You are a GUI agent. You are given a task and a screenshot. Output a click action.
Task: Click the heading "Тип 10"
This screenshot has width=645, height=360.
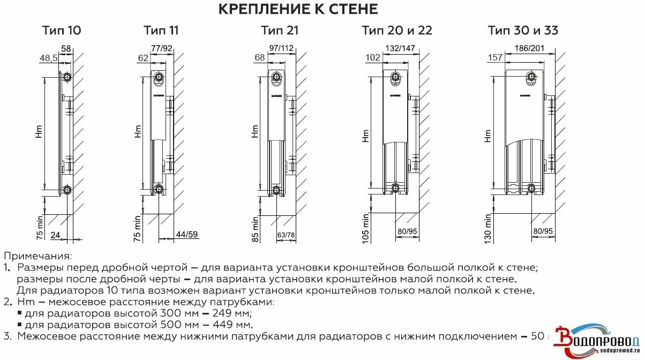(x=62, y=30)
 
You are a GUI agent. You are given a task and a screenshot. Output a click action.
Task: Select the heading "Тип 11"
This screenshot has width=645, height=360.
(x=161, y=30)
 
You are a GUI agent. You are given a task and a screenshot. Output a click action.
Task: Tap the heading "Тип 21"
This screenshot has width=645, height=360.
(x=280, y=30)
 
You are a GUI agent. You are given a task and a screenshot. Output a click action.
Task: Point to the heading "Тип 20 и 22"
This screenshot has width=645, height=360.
(x=396, y=30)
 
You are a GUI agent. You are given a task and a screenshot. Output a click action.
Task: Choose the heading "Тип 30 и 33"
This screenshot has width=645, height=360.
(x=523, y=30)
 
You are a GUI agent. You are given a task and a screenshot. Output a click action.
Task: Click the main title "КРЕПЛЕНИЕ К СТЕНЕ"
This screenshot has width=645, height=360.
(x=298, y=10)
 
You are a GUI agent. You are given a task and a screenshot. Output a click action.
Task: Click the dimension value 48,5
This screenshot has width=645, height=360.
(x=49, y=57)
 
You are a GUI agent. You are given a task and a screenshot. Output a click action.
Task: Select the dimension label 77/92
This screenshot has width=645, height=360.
(x=162, y=49)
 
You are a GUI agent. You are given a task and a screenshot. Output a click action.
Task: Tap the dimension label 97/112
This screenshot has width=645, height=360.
(x=281, y=49)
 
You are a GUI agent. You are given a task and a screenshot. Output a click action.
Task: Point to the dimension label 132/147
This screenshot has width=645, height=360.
(x=400, y=49)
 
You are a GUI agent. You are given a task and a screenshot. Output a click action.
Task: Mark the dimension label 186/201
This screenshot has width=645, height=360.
(x=529, y=49)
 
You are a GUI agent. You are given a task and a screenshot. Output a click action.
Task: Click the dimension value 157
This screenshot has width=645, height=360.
(x=495, y=57)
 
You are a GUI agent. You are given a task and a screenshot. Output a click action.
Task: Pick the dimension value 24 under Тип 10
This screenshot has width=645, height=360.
(x=55, y=235)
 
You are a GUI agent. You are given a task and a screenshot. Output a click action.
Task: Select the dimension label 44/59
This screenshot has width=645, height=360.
(x=186, y=235)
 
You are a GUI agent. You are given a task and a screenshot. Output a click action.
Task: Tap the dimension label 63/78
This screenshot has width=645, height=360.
(x=286, y=235)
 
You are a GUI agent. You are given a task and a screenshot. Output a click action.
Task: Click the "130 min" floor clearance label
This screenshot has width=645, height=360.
(x=487, y=229)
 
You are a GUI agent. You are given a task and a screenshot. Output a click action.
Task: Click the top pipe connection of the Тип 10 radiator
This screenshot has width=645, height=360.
(x=66, y=77)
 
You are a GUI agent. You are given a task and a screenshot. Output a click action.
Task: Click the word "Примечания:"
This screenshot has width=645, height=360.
(x=37, y=257)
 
